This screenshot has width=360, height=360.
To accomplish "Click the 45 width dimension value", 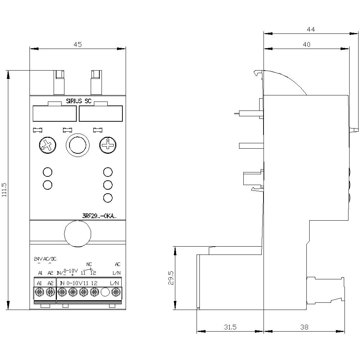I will (78, 44).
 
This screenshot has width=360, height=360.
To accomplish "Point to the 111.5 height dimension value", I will (4, 190).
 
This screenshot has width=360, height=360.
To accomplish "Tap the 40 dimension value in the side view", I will (306, 44).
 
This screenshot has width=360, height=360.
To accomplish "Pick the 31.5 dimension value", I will (230, 327).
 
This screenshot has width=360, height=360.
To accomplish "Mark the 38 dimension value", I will (304, 327).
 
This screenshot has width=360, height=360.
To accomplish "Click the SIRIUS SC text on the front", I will (78, 101).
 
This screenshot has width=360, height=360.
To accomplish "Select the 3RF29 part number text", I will (98, 216).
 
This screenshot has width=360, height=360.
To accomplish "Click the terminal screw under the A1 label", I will (40, 292).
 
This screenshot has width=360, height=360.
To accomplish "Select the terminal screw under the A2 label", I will (50, 292).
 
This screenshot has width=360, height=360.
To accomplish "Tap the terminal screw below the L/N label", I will (115, 292).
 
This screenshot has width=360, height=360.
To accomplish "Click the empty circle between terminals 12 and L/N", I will (105, 292).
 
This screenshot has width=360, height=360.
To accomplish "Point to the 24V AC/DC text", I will (45, 259).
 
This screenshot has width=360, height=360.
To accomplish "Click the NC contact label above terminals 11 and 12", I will (90, 264).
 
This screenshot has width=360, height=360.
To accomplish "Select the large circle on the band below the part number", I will (77, 234).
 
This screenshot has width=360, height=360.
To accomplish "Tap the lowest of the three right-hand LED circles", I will (107, 197).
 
